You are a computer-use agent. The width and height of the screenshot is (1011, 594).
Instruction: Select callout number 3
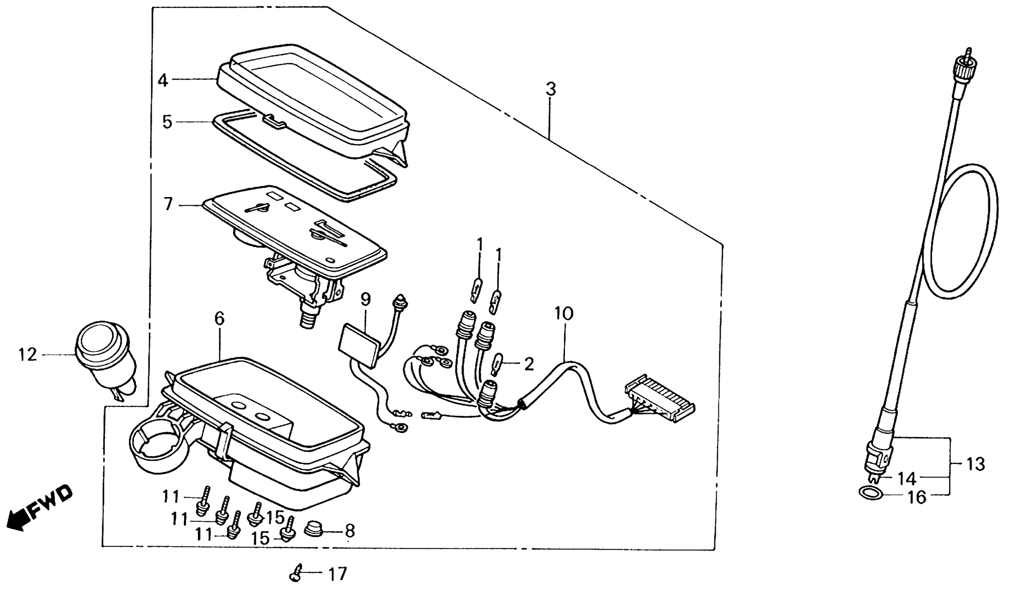(x=551, y=89)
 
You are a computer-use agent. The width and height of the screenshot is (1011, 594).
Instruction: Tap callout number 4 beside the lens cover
(x=163, y=80)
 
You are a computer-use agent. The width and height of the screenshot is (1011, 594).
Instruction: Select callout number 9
(x=365, y=299)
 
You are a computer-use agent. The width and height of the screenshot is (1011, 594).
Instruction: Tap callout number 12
(x=27, y=355)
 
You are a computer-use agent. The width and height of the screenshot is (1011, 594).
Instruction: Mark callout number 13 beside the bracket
(x=976, y=464)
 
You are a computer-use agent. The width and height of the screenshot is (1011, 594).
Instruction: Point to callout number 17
(x=337, y=574)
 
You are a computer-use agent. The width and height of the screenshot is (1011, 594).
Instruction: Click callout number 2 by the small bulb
(x=529, y=364)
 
